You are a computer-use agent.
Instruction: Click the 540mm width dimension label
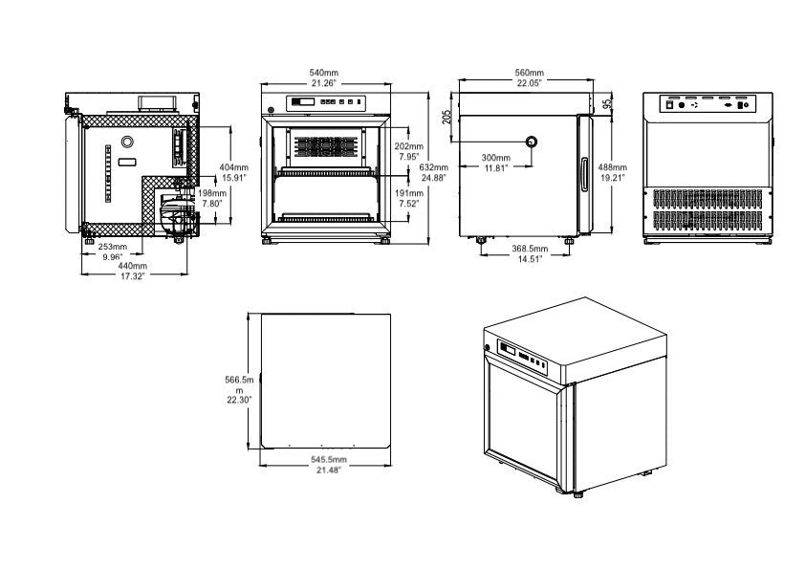pyautogui.click(x=323, y=73)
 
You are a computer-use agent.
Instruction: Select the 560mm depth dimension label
pyautogui.click(x=529, y=73)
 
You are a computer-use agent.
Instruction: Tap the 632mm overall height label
pyautogui.click(x=433, y=167)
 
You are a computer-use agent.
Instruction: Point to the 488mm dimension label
pyautogui.click(x=614, y=168)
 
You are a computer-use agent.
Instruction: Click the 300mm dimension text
pyautogui.click(x=495, y=158)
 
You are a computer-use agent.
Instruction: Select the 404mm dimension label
pyautogui.click(x=234, y=167)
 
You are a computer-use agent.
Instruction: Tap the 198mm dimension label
pyautogui.click(x=211, y=193)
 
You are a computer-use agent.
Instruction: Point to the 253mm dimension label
pyautogui.click(x=113, y=247)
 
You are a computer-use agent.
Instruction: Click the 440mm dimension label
pyautogui.click(x=134, y=266)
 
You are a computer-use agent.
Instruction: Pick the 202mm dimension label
pyautogui.click(x=409, y=145)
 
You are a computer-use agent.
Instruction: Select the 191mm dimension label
pyautogui.click(x=408, y=192)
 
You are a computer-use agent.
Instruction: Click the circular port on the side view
pyautogui.click(x=532, y=142)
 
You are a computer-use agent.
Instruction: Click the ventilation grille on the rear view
pyautogui.click(x=708, y=210)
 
